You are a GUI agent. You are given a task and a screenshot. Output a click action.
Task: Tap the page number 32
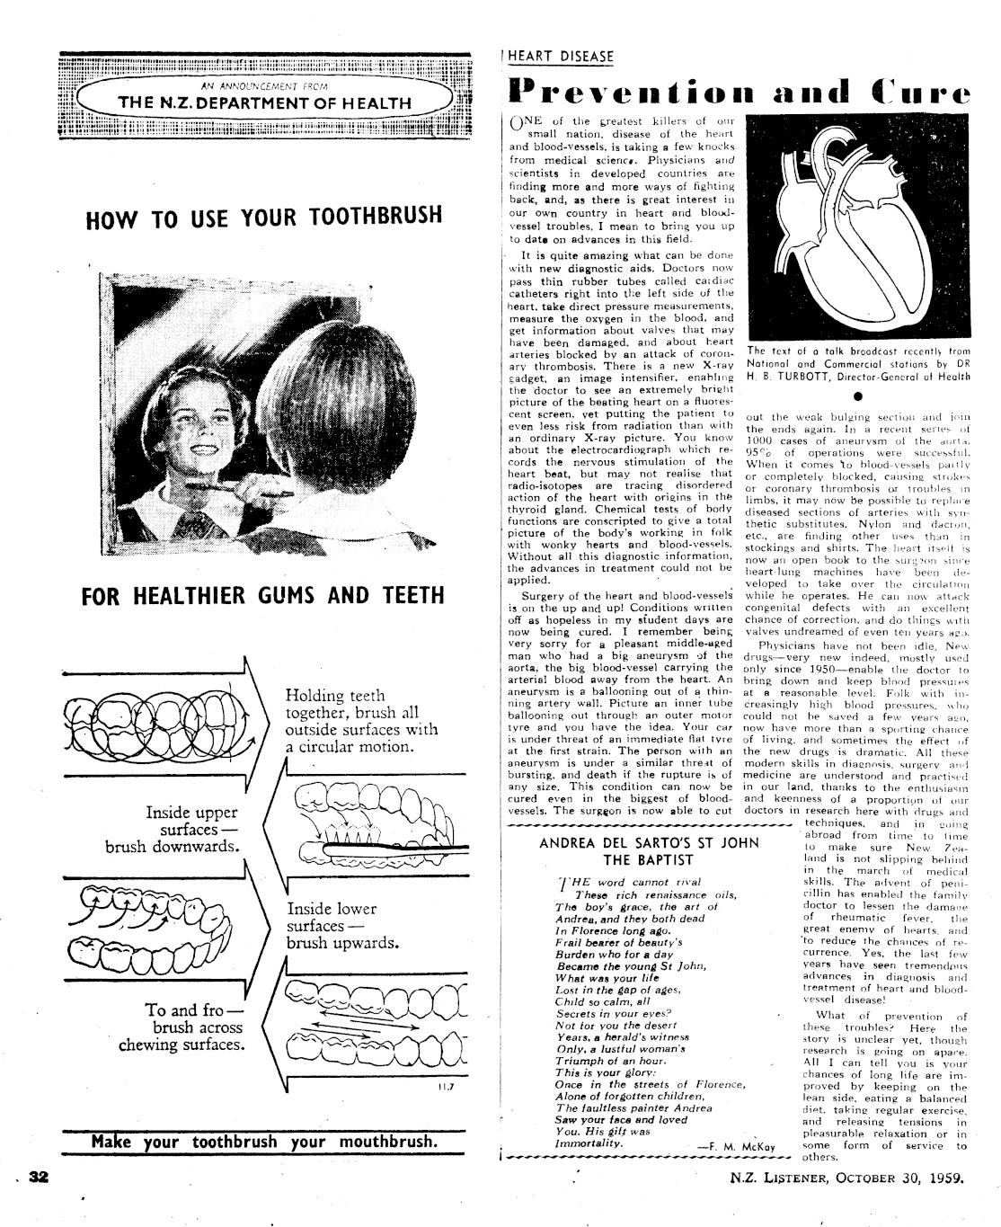pyautogui.click(x=38, y=1178)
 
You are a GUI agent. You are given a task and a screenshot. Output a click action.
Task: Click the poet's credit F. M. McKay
pyautogui.click(x=737, y=1146)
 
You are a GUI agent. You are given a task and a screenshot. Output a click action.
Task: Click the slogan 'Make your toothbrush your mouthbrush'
pyautogui.click(x=264, y=1143)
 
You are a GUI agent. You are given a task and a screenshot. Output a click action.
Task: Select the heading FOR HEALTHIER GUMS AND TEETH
pyautogui.click(x=263, y=596)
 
